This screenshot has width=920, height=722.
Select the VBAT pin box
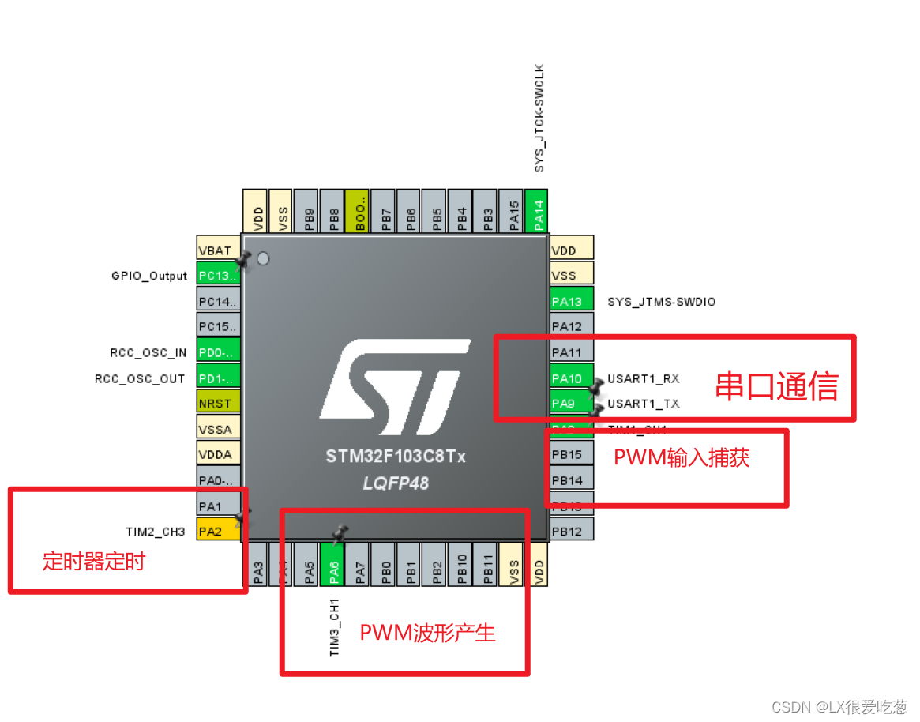[x=215, y=250]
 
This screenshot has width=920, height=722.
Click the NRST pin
[x=215, y=404]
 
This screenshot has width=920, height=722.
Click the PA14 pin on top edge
[x=537, y=212]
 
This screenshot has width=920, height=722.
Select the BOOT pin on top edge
[x=358, y=212]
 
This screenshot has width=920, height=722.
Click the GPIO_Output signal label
[x=149, y=276]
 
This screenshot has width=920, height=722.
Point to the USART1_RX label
[x=643, y=379]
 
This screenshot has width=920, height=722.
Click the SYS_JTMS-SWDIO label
[x=662, y=302]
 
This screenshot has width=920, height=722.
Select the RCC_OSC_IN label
[x=148, y=353]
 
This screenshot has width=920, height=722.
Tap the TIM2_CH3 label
[x=155, y=532]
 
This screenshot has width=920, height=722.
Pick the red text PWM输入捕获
[x=682, y=458]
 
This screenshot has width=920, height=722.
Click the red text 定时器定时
[x=94, y=562]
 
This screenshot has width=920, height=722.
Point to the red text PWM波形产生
[x=427, y=633]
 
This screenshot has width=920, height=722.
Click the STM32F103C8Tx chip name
[x=396, y=457]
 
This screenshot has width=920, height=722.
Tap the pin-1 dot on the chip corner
[x=264, y=258]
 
